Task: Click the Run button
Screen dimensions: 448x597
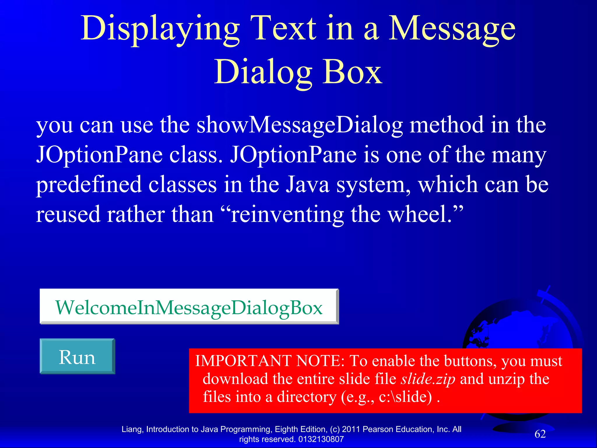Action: click(77, 356)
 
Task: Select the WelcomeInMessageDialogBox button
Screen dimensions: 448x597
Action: click(189, 307)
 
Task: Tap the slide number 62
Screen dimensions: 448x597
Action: click(540, 434)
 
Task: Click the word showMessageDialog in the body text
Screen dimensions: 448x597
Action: click(300, 125)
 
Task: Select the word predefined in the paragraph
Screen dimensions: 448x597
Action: click(89, 185)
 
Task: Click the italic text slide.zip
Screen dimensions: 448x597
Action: click(428, 379)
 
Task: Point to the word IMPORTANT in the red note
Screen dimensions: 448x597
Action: click(243, 361)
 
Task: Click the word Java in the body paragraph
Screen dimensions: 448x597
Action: click(307, 185)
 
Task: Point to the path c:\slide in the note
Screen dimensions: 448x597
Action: click(405, 397)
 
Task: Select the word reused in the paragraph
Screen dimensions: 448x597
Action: click(68, 214)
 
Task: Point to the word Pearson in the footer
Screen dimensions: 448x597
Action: click(376, 429)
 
